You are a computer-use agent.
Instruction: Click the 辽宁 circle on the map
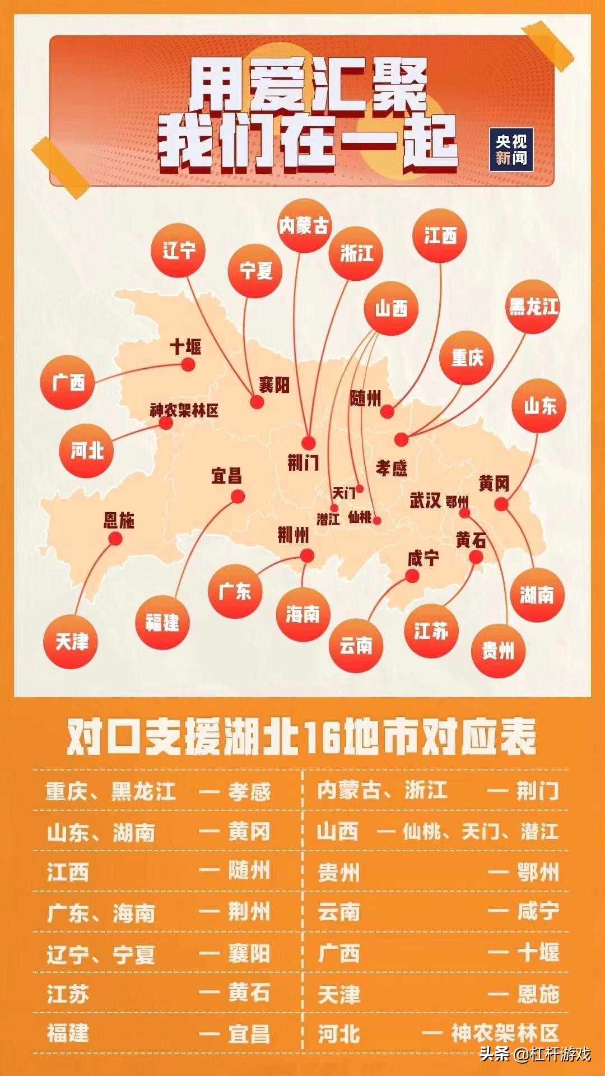click(x=179, y=251)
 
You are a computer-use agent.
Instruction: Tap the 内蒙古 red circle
click(x=305, y=226)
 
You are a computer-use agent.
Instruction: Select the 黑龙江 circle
click(x=534, y=307)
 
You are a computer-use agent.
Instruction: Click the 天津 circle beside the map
click(x=71, y=642)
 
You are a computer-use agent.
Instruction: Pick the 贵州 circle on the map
click(x=498, y=651)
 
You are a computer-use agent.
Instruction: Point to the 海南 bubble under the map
click(x=303, y=615)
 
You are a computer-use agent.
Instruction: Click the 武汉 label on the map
click(x=425, y=500)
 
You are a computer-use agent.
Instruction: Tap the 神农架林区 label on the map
click(x=184, y=411)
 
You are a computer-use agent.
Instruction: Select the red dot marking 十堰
click(x=188, y=365)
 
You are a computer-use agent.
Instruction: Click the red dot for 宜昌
click(x=238, y=497)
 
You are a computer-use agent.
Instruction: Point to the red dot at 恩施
click(x=115, y=539)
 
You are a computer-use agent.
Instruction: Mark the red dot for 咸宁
click(x=412, y=576)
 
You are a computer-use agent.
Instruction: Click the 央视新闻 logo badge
click(x=511, y=150)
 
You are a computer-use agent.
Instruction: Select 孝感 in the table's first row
click(x=249, y=791)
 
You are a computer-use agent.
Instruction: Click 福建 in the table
click(x=68, y=1033)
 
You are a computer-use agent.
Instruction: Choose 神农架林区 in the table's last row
click(x=505, y=1033)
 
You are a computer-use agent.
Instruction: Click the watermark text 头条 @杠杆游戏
click(x=534, y=1054)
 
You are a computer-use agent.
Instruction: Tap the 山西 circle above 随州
click(x=391, y=309)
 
